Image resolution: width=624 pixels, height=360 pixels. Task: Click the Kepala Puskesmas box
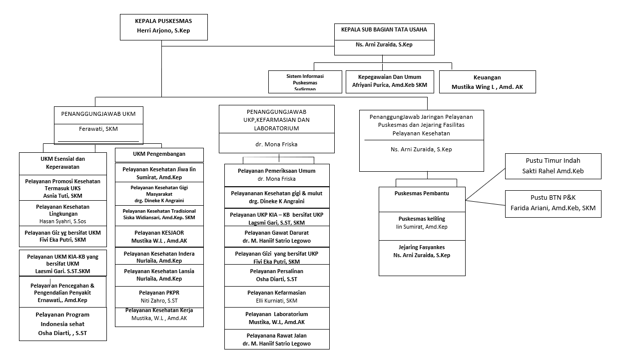(x=164, y=27)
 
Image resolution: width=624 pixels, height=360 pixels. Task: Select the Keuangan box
(x=488, y=82)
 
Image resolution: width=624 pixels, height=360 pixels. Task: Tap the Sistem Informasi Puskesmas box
(x=305, y=82)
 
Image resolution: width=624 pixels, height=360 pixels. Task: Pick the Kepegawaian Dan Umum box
(x=390, y=82)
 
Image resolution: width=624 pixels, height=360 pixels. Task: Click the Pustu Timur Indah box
(x=553, y=166)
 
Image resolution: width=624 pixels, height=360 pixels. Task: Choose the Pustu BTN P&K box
(x=553, y=204)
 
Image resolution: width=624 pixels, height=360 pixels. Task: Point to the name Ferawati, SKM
(x=98, y=129)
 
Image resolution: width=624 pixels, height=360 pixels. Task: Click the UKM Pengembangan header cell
(x=159, y=155)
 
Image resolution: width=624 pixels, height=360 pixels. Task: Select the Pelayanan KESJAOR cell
(x=159, y=237)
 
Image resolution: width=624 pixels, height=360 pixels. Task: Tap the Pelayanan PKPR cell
(x=159, y=297)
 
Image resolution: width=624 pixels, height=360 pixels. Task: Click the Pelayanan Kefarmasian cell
(x=277, y=297)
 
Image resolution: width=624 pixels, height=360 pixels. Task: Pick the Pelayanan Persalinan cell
(x=277, y=275)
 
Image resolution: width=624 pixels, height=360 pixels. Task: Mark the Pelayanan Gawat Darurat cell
(x=277, y=237)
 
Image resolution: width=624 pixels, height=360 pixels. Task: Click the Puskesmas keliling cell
(x=422, y=226)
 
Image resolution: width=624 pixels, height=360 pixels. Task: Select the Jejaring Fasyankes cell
(x=422, y=258)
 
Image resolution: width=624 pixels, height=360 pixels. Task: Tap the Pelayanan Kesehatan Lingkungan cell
(x=63, y=213)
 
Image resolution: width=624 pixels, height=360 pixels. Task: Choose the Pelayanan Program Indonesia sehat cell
(x=63, y=324)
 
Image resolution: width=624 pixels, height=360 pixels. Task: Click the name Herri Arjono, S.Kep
(x=163, y=30)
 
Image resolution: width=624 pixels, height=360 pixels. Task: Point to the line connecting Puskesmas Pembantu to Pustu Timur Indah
(x=485, y=184)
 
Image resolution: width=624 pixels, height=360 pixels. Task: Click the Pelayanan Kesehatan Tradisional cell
(x=159, y=216)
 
